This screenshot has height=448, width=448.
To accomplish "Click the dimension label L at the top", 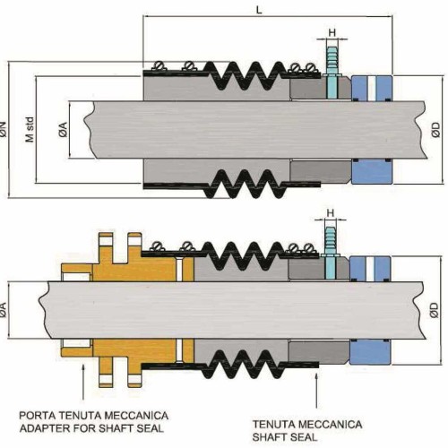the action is (259, 10).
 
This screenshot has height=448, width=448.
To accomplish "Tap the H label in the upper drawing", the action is (332, 32).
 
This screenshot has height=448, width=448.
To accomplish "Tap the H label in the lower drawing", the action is (331, 213).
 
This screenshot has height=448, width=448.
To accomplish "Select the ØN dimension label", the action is (4, 130).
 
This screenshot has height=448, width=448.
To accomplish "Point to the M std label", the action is (30, 130).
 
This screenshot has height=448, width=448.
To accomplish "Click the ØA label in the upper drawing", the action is (64, 130).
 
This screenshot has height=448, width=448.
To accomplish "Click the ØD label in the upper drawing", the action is (435, 130).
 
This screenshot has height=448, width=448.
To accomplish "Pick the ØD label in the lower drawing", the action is (435, 310).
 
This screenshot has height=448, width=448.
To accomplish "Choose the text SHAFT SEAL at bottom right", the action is (285, 437).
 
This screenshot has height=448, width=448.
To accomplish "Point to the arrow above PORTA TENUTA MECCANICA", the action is (83, 382).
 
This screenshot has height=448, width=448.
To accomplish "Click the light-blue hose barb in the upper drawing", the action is (332, 73).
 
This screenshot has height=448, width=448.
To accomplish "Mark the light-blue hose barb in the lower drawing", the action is (331, 254).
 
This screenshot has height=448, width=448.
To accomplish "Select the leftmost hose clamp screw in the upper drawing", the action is (159, 65).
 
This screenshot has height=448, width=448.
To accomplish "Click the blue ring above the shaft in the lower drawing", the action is (370, 269).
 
